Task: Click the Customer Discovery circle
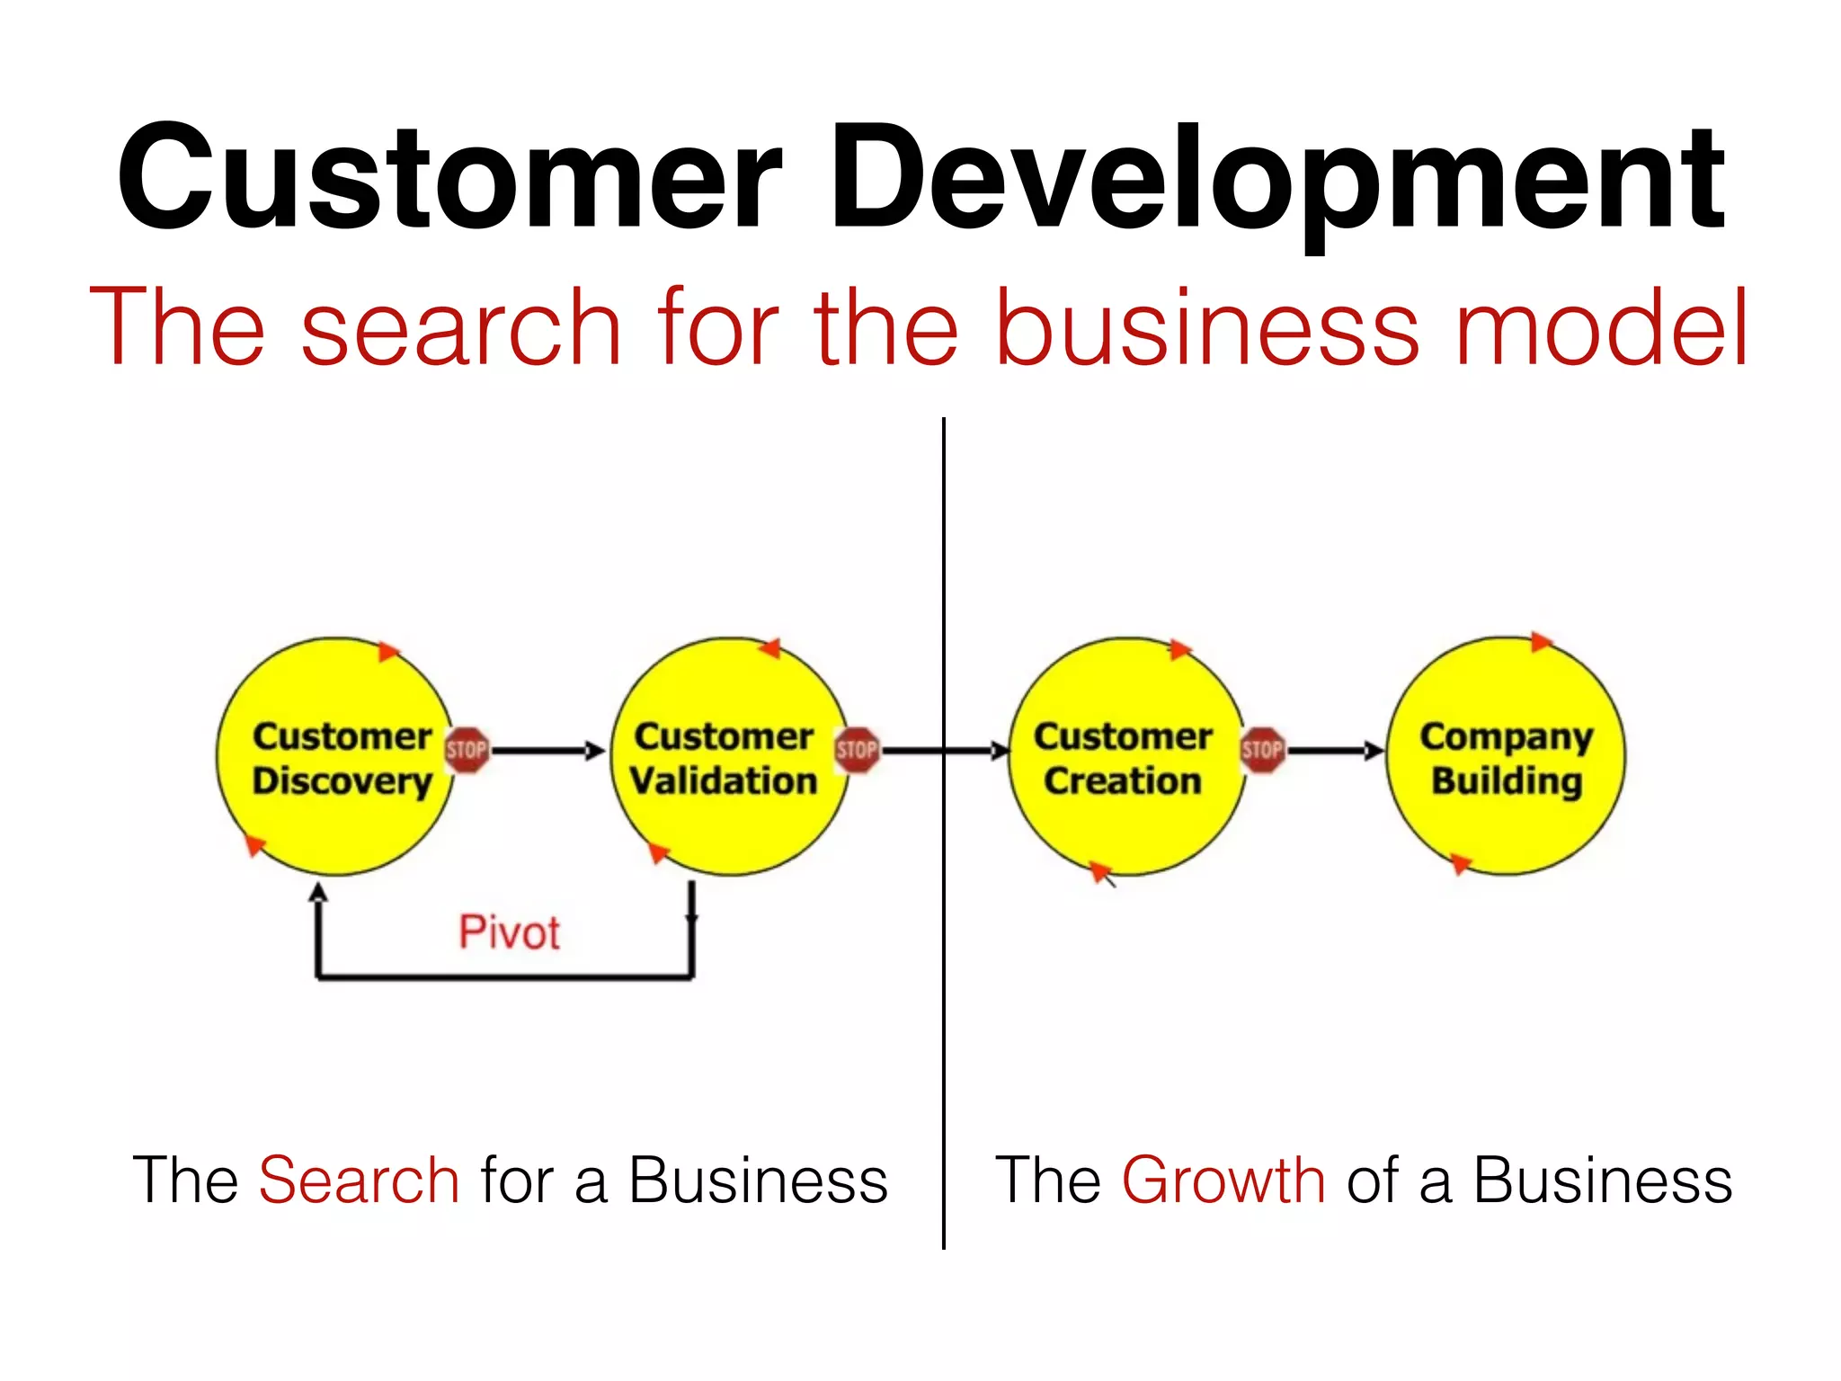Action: pos(335,756)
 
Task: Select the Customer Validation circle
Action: pos(728,756)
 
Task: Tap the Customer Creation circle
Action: pos(1125,756)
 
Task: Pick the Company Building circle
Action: pos(1506,756)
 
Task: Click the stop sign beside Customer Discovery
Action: pos(467,750)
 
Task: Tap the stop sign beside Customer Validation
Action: pos(857,750)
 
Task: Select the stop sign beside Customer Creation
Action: pos(1262,750)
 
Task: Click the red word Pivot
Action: pos(509,932)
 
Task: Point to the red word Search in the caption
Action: pos(359,1180)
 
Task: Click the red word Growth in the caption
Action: pos(1223,1180)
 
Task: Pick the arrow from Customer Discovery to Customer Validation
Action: pos(548,750)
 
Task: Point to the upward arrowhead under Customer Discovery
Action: pos(318,892)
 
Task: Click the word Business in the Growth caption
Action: pos(1603,1180)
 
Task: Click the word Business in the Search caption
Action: pos(758,1180)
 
